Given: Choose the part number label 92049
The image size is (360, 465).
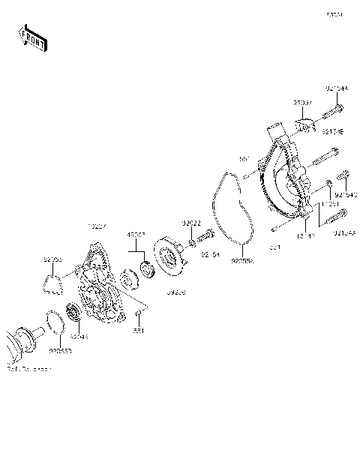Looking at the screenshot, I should tap(79, 337).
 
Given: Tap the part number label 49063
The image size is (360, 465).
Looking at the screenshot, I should tap(135, 235).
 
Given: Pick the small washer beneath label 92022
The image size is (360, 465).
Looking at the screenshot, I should tap(193, 243).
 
